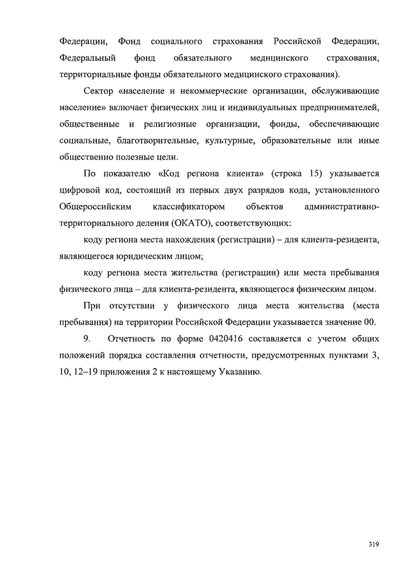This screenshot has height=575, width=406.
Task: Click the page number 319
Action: (373, 545)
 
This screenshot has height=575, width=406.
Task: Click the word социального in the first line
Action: (177, 41)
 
